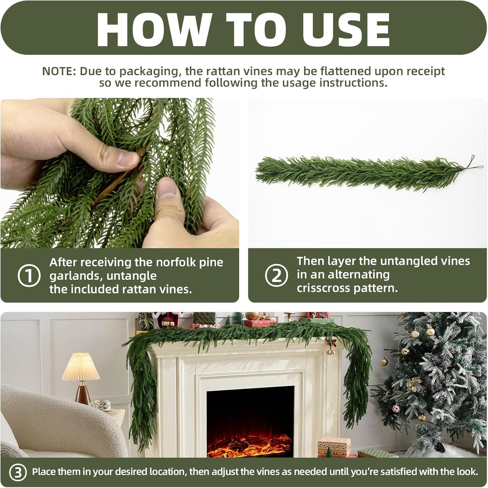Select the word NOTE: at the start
point(59,72)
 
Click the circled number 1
point(29,276)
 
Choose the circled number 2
point(276,275)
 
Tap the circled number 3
point(18,472)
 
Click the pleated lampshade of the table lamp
point(81,367)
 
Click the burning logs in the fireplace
point(249,445)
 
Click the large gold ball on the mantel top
point(252,316)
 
